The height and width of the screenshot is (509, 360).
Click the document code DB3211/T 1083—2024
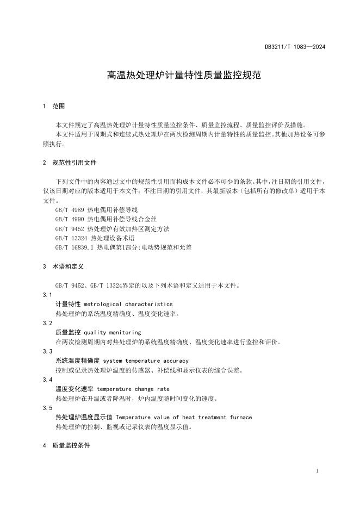(295, 47)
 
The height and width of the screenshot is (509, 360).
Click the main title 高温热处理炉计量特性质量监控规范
(184, 76)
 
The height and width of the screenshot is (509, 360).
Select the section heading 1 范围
(54, 106)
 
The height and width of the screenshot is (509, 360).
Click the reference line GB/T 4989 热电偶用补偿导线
(97, 209)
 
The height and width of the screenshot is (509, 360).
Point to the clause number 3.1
(47, 295)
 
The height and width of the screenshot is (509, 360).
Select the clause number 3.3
(47, 351)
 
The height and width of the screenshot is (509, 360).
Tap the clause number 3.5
(47, 408)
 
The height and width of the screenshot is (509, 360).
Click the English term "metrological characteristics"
(128, 304)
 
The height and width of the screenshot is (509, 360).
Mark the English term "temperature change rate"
(133, 389)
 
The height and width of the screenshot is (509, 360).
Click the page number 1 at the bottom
(316, 471)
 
